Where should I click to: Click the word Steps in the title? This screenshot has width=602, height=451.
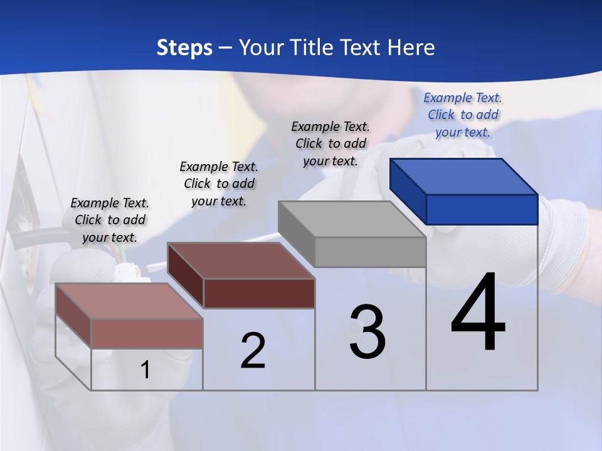tap(184, 48)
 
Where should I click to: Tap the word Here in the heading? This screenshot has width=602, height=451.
tap(411, 48)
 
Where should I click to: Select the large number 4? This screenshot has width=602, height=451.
tap(478, 313)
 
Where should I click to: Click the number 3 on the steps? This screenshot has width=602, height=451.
tap(367, 332)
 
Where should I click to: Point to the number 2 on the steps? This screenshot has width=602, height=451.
tap(253, 351)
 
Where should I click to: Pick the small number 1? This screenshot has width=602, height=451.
tap(145, 370)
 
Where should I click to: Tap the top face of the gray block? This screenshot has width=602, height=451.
tap(351, 219)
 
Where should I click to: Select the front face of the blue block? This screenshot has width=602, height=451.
tap(482, 209)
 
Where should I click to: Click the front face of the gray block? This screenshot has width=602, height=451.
tap(370, 252)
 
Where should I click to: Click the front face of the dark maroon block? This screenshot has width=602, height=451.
tap(259, 293)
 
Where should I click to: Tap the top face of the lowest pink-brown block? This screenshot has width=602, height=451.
tap(129, 301)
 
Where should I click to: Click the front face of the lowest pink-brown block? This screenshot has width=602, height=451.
tap(147, 333)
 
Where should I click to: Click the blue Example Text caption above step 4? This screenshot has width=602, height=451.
tap(463, 115)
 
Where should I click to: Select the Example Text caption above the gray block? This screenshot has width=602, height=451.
tap(330, 143)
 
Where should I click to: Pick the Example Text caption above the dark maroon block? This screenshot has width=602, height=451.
tap(219, 184)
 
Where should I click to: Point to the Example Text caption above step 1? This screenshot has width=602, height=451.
tap(110, 220)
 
